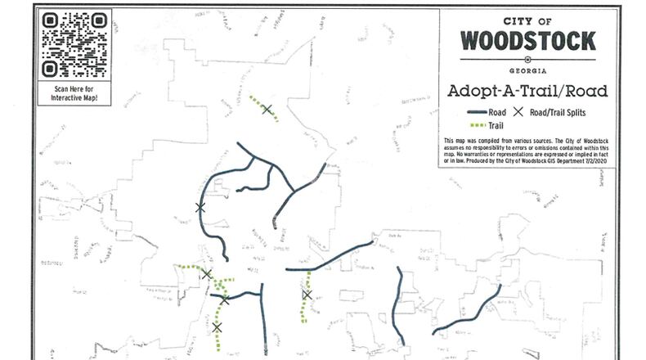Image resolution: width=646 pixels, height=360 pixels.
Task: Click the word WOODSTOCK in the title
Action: tap(527, 39)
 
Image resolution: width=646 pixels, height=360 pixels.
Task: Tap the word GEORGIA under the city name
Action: tap(527, 69)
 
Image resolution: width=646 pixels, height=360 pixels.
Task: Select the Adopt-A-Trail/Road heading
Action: tap(527, 90)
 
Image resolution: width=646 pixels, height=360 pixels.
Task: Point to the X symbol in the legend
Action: tap(517, 112)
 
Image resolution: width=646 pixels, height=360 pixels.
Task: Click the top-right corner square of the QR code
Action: tap(97, 20)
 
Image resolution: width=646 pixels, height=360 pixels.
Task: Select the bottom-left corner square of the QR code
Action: tap(50, 68)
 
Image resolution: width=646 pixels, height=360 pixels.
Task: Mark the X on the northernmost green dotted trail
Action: tap(267, 109)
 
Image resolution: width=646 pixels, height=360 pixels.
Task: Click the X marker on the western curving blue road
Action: tap(200, 207)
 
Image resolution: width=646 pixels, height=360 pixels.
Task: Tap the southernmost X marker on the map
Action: tap(217, 327)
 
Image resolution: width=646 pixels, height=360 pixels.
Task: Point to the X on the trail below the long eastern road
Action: tap(307, 295)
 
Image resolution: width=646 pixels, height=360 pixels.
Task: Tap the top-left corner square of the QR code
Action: tap(50, 20)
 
